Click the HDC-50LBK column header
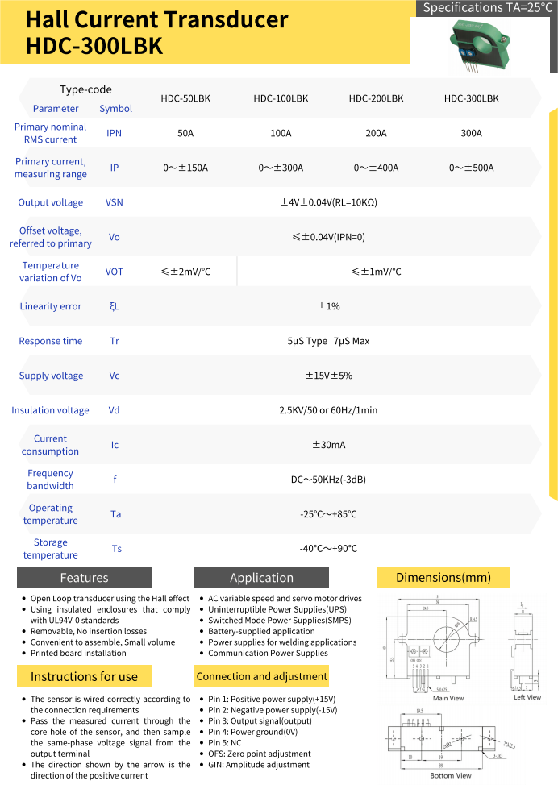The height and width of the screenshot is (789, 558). pos(185,98)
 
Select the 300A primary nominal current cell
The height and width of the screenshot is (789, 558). pos(471,133)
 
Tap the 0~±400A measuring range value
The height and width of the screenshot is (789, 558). pos(376,168)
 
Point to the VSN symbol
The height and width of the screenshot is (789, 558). pos(115,202)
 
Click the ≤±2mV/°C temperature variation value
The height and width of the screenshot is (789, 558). pos(185,272)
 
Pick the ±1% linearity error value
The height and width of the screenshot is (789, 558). pos(328,306)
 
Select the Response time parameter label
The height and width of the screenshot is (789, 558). pos(50,341)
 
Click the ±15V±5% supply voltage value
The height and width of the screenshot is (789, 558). pos(328,376)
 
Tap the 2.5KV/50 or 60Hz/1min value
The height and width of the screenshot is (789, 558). pos(328,410)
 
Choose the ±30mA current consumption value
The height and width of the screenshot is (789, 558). pos(328,445)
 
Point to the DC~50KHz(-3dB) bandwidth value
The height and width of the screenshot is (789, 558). pos(328,480)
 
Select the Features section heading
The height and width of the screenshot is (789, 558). pos(84,577)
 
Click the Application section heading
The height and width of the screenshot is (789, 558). pos(261,577)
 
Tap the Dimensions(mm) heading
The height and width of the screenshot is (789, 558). pos(443,577)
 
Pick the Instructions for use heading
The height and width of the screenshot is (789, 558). pos(84,676)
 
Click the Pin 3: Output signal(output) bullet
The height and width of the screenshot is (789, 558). pos(260,720)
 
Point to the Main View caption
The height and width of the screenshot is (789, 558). pos(448,698)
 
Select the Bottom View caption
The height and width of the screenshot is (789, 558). pos(451,775)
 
